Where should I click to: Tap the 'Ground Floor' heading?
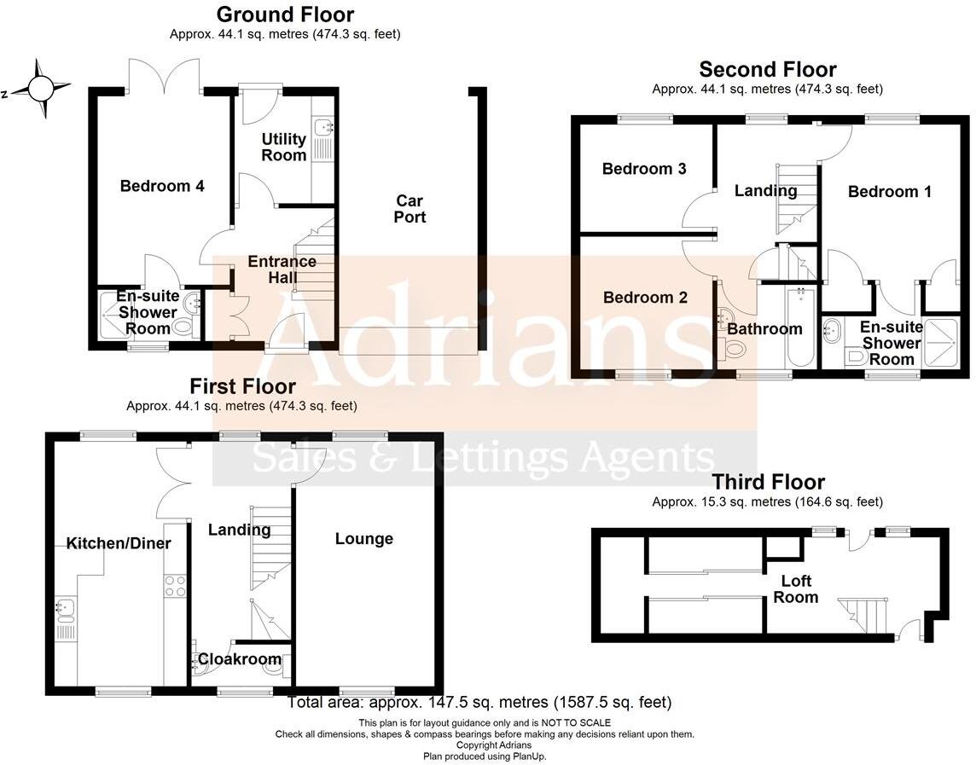coord(285,14)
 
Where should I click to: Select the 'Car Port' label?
coord(410,209)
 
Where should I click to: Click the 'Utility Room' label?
coord(284,147)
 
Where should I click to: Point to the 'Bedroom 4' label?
coord(162,186)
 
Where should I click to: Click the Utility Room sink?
coord(323,129)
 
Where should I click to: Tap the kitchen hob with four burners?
coord(175,586)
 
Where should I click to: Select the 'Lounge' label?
coord(364,539)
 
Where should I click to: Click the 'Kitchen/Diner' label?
coord(119,543)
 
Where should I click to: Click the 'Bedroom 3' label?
coord(644,169)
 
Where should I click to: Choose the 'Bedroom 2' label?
coord(645,298)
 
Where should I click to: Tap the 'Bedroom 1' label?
coord(890,192)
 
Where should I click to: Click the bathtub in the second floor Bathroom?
coord(801,328)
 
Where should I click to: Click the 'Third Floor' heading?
coord(769,483)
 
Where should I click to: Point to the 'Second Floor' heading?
coord(768,69)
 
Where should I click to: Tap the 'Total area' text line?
coord(479,703)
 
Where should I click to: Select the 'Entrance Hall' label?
coord(282,269)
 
